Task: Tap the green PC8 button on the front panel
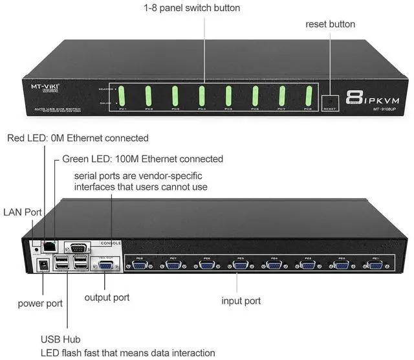pyautogui.click(x=309, y=96)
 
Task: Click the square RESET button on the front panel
pyautogui.click(x=331, y=102)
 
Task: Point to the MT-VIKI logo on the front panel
pyautogui.click(x=47, y=85)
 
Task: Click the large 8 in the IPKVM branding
pyautogui.click(x=353, y=98)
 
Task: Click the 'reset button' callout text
pyautogui.click(x=330, y=24)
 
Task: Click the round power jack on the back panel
pyautogui.click(x=45, y=265)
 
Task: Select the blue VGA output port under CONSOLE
pyautogui.click(x=103, y=264)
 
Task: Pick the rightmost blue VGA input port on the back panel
pyautogui.click(x=374, y=265)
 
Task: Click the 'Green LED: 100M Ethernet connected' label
pyautogui.click(x=142, y=159)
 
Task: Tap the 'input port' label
pyautogui.click(x=241, y=300)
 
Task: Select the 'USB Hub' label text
pyautogui.click(x=61, y=339)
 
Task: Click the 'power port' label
pyautogui.click(x=39, y=302)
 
